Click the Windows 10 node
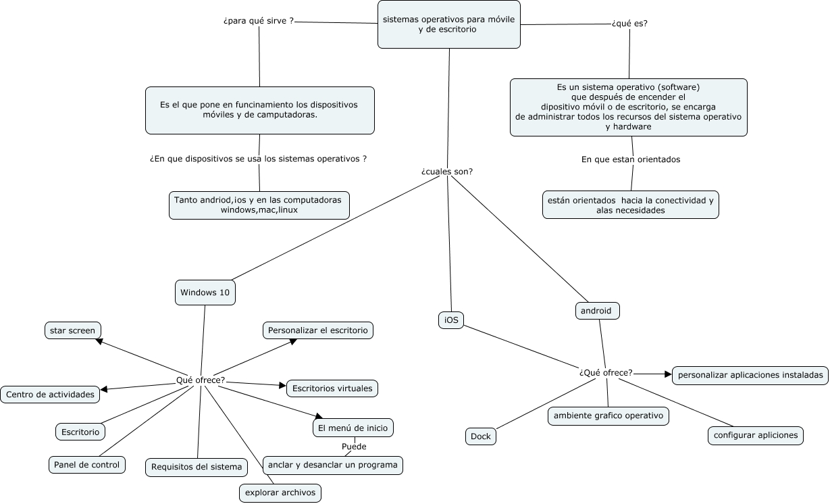pyautogui.click(x=205, y=293)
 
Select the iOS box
pyautogui.click(x=451, y=320)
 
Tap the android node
pyautogui.click(x=596, y=311)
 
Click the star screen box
pyautogui.click(x=72, y=330)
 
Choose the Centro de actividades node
pyautogui.click(x=51, y=395)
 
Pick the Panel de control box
pyautogui.click(x=86, y=465)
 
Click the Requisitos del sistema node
pyautogui.click(x=196, y=468)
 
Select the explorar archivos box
pyautogui.click(x=280, y=493)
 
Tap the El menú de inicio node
pyautogui.click(x=353, y=428)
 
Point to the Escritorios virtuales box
pyautogui.click(x=332, y=388)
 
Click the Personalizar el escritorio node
pyautogui.click(x=317, y=330)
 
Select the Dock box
pyautogui.click(x=481, y=436)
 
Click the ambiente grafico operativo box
pyautogui.click(x=608, y=415)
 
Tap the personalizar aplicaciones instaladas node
pyautogui.click(x=750, y=375)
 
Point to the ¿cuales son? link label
pyautogui.click(x=447, y=172)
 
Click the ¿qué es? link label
pyautogui.click(x=629, y=23)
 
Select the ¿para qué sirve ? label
pyautogui.click(x=259, y=21)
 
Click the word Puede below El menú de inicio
pyautogui.click(x=354, y=447)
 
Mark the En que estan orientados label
pyautogui.click(x=631, y=159)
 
